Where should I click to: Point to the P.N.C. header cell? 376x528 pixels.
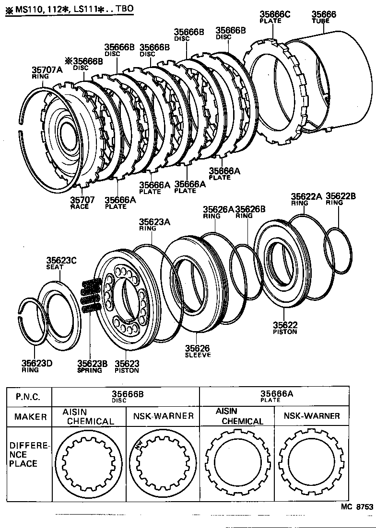pos(28,397)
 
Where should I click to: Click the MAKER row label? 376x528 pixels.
pos(30,417)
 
